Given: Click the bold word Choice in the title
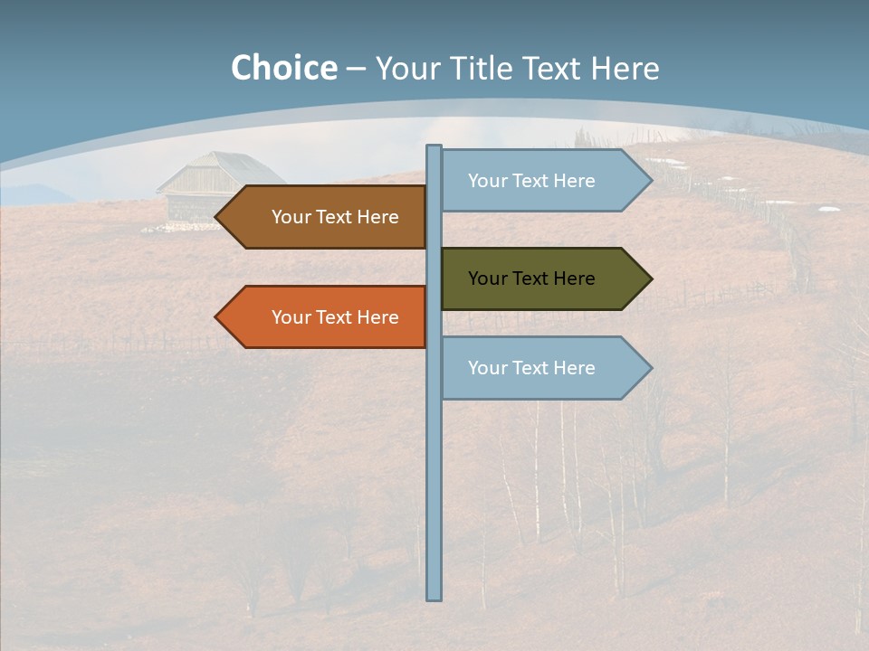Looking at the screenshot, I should (283, 69).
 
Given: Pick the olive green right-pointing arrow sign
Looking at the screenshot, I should (543, 278).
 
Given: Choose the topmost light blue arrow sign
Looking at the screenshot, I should (543, 181).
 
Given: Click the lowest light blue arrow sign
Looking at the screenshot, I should (543, 368).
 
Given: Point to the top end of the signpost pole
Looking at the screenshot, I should (434, 147).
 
